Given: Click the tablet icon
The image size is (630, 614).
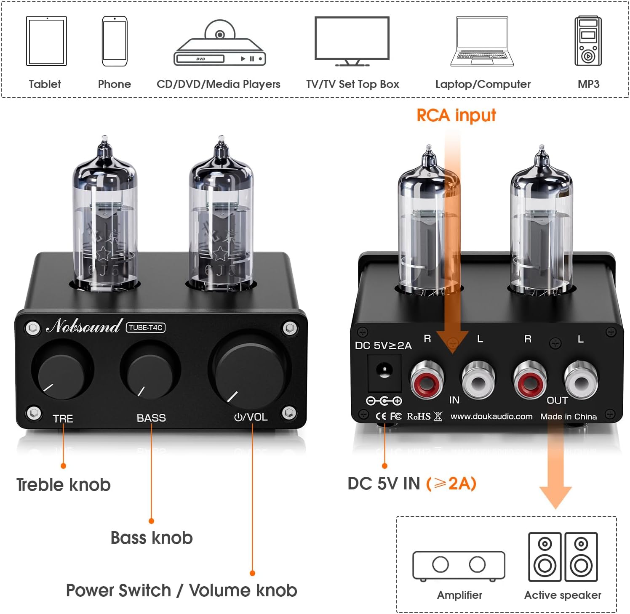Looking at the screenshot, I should (x=46, y=41).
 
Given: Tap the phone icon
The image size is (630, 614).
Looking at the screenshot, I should (x=115, y=41).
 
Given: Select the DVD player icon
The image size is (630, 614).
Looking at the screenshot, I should (x=219, y=45).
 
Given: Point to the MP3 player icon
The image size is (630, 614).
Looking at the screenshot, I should (x=588, y=41).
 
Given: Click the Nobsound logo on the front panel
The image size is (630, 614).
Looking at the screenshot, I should (x=84, y=326).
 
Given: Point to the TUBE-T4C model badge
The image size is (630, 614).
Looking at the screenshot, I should (x=146, y=327).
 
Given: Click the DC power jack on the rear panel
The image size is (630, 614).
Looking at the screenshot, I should (x=384, y=372).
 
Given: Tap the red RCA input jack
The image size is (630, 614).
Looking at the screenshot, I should (x=427, y=381).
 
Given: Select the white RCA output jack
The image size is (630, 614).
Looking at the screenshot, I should (x=580, y=381).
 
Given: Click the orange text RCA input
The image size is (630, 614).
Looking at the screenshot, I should (x=456, y=115).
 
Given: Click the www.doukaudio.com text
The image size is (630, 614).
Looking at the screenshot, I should (x=491, y=416).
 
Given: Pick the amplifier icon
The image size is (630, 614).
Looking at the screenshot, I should (x=459, y=566).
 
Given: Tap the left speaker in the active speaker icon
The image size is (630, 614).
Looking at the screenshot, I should (x=545, y=556).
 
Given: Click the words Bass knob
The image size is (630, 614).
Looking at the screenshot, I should (x=152, y=538).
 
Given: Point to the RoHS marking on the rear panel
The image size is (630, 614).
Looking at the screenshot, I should (x=419, y=416).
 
